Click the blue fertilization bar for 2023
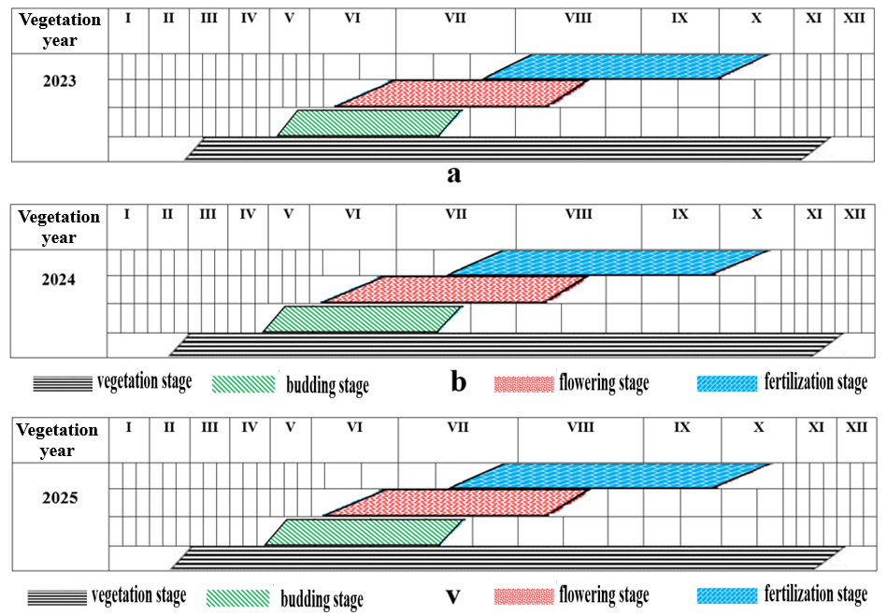click(626, 66)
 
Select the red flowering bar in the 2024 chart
click(455, 290)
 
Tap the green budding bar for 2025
click(365, 532)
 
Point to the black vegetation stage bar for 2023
click(505, 149)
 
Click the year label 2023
click(59, 80)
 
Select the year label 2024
click(59, 279)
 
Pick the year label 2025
click(59, 497)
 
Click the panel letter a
click(454, 174)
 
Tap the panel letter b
click(458, 383)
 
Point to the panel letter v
click(452, 595)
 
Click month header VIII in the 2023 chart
click(578, 19)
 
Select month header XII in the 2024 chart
click(854, 215)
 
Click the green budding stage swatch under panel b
click(244, 383)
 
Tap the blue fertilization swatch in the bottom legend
click(727, 595)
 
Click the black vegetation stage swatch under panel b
click(62, 383)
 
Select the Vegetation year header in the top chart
click(59, 30)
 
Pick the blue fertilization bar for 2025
click(612, 476)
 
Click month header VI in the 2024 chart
click(351, 215)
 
